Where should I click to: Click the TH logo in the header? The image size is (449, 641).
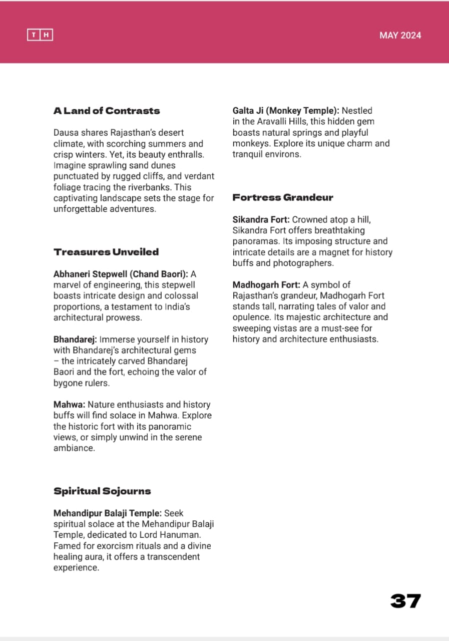click(x=40, y=35)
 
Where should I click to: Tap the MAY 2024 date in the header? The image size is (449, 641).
click(x=400, y=35)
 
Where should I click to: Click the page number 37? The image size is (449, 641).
click(x=405, y=601)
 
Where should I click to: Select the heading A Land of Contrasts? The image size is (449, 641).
click(x=107, y=111)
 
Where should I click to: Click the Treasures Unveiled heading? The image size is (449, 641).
click(x=106, y=252)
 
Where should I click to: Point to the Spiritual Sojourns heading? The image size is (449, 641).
click(x=102, y=491)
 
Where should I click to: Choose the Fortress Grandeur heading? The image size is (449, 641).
click(x=283, y=197)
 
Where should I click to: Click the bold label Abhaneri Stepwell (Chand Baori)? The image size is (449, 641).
click(x=121, y=274)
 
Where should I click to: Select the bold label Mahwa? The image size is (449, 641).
click(x=69, y=404)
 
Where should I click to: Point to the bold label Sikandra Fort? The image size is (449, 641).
click(x=261, y=219)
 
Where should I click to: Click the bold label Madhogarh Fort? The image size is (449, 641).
click(x=266, y=284)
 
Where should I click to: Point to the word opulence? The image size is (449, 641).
click(x=251, y=317)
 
